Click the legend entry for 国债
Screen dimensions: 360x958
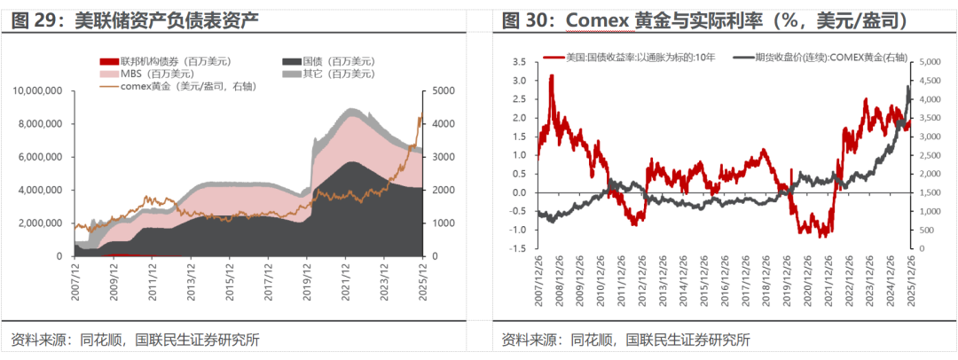tap(328, 61)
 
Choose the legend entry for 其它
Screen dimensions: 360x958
tap(328, 74)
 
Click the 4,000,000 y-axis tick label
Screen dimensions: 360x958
tap(40, 190)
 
